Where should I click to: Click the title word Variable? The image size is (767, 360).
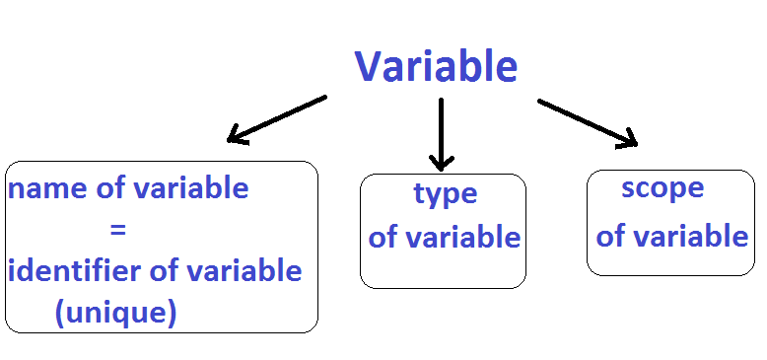tap(436, 67)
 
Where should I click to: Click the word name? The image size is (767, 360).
tap(43, 188)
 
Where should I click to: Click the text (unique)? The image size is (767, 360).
tap(115, 313)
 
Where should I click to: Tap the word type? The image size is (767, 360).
tap(445, 195)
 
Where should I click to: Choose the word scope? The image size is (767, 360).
tap(662, 188)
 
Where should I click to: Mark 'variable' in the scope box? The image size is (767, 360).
tap(690, 237)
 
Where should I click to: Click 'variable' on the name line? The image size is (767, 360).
tap(189, 188)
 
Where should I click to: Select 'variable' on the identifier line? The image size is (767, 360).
tap(243, 270)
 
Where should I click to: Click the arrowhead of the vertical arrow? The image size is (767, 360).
tap(441, 160)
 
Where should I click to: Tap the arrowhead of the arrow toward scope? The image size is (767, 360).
tap(628, 140)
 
